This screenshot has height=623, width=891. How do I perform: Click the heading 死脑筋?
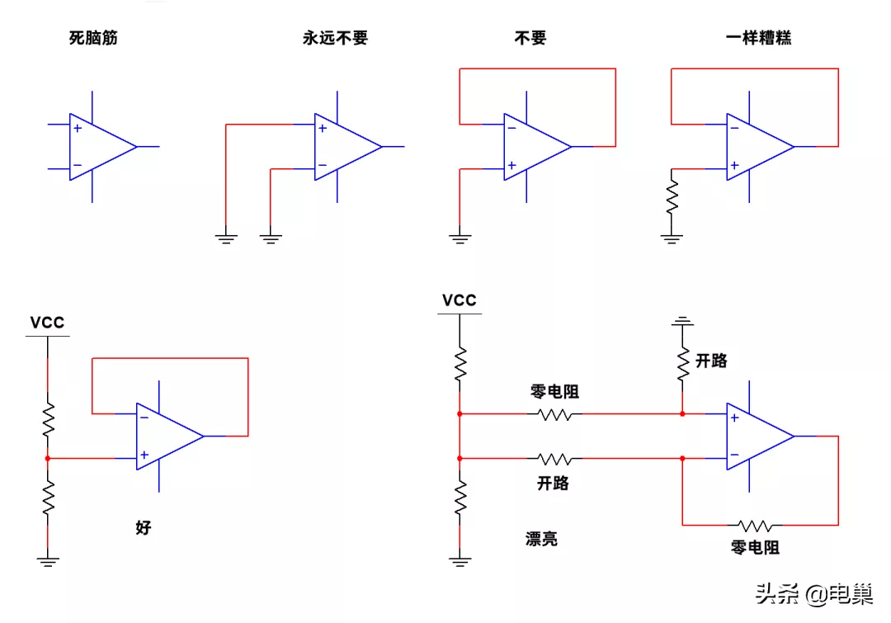pyautogui.click(x=93, y=38)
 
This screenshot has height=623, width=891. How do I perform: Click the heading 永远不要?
pyautogui.click(x=335, y=38)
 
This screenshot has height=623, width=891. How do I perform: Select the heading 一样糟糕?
pyautogui.click(x=758, y=38)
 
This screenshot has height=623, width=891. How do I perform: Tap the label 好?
pyautogui.click(x=144, y=527)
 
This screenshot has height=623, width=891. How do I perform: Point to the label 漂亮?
pyautogui.click(x=541, y=539)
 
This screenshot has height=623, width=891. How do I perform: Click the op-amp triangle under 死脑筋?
pyautogui.click(x=100, y=147)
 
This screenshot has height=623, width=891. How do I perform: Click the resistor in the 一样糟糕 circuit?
pyautogui.click(x=672, y=196)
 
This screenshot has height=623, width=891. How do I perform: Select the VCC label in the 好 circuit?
pyautogui.click(x=47, y=323)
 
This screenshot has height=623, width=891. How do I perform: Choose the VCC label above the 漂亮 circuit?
pyautogui.click(x=460, y=300)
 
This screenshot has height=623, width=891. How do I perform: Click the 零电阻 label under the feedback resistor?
pyautogui.click(x=755, y=547)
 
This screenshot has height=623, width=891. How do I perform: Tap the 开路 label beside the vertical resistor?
pyautogui.click(x=711, y=361)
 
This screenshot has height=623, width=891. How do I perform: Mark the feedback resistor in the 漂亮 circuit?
pyautogui.click(x=755, y=525)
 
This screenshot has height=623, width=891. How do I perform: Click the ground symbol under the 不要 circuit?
pyautogui.click(x=460, y=238)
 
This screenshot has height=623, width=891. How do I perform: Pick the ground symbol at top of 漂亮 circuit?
pyautogui.click(x=682, y=319)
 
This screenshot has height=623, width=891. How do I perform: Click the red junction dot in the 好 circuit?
pyautogui.click(x=48, y=457)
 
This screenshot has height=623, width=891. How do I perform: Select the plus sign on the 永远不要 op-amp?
pyautogui.click(x=323, y=128)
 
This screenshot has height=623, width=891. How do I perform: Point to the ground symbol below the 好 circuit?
pyautogui.click(x=48, y=562)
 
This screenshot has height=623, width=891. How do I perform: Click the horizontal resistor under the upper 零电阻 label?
pyautogui.click(x=554, y=413)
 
